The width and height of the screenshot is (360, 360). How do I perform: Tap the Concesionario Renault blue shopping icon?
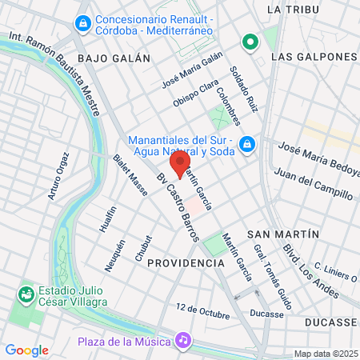(81, 24)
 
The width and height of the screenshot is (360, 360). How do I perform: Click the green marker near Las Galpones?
(250, 42)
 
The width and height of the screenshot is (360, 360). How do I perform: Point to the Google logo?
(26, 350)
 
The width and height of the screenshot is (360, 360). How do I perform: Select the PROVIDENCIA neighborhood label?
(186, 262)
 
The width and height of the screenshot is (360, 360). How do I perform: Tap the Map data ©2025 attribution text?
(325, 354)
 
